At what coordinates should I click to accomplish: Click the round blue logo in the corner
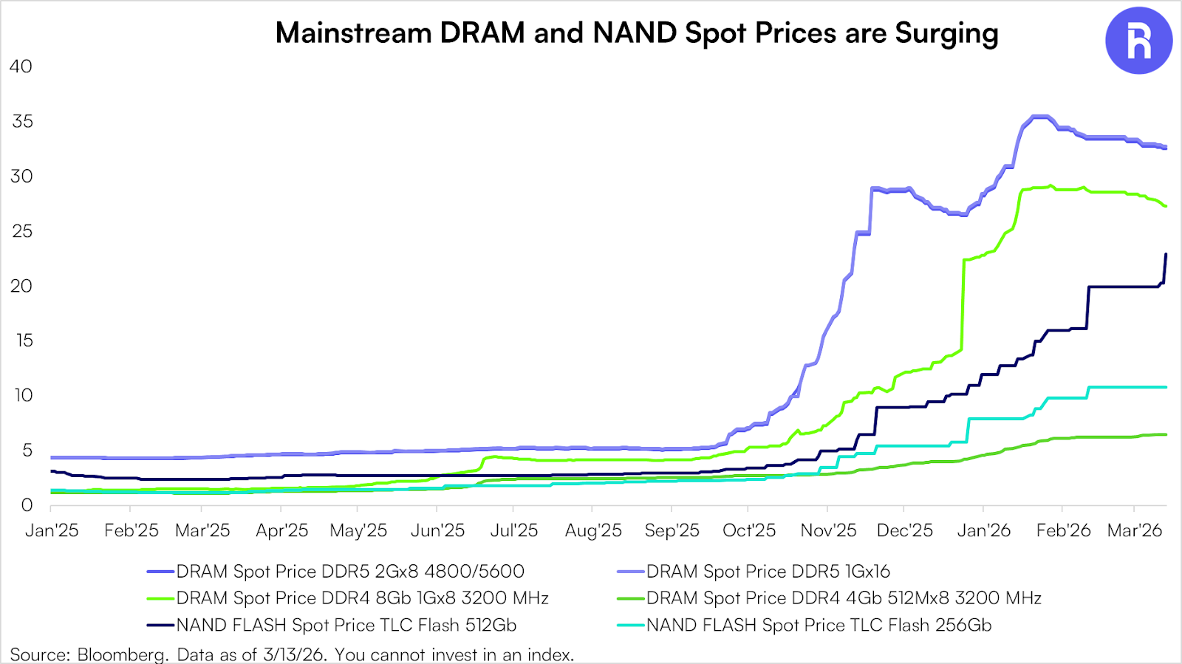click(1138, 41)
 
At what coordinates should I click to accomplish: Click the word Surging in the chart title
click(946, 34)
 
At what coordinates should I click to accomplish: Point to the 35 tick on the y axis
click(23, 121)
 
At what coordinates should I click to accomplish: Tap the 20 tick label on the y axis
click(21, 286)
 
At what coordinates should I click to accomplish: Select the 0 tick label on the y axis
click(27, 505)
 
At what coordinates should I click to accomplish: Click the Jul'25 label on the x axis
click(514, 530)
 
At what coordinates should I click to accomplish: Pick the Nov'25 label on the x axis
click(828, 530)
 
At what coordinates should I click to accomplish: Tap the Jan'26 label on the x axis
click(984, 530)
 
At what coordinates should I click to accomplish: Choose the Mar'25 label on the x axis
click(202, 530)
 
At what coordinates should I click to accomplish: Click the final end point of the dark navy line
click(1166, 254)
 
